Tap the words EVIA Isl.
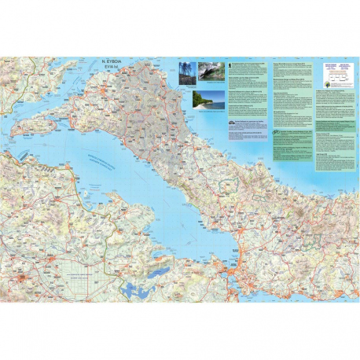click(x=115, y=67)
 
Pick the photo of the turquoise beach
click(x=207, y=99)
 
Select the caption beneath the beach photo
click(x=207, y=112)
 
